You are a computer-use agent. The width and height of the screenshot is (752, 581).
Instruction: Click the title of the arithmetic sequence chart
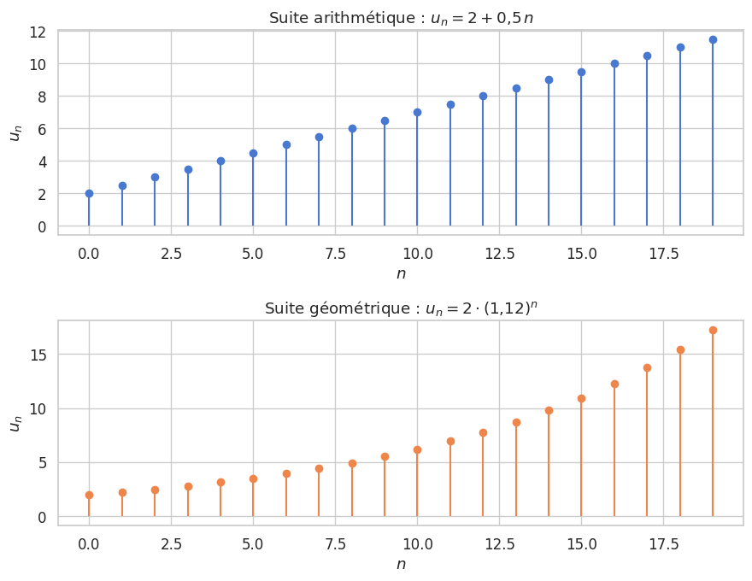point(401,18)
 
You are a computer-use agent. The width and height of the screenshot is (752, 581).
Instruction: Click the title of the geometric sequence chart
point(401,308)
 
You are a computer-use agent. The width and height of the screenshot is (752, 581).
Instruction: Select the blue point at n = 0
point(89,193)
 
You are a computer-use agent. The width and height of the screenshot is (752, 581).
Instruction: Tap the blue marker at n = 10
point(417,112)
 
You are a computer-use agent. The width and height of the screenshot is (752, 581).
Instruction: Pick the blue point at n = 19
point(713,39)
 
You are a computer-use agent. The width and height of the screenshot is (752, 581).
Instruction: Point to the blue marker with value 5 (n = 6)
point(286,144)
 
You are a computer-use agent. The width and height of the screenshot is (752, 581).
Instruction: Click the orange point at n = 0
point(89,495)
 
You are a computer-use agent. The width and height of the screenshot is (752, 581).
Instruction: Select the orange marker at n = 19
point(713,330)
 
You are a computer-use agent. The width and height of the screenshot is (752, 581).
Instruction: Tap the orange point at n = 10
point(417,449)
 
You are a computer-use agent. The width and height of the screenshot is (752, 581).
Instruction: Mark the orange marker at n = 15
point(581,398)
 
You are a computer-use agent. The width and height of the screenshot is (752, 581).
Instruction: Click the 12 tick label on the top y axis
point(37,32)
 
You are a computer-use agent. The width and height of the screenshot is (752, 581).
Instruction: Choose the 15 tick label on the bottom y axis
point(37,355)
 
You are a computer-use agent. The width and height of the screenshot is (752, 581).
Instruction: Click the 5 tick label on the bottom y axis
point(41,463)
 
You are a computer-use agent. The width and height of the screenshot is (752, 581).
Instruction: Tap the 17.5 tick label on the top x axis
point(663,254)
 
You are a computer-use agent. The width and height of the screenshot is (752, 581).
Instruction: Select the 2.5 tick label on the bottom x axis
point(171,544)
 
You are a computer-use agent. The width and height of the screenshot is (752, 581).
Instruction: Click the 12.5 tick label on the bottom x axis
point(499,544)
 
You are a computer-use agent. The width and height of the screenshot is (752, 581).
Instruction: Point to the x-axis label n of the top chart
point(401,273)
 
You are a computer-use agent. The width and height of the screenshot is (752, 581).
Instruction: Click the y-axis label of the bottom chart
point(15,423)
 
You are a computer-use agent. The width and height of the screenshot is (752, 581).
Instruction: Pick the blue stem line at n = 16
point(614,145)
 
